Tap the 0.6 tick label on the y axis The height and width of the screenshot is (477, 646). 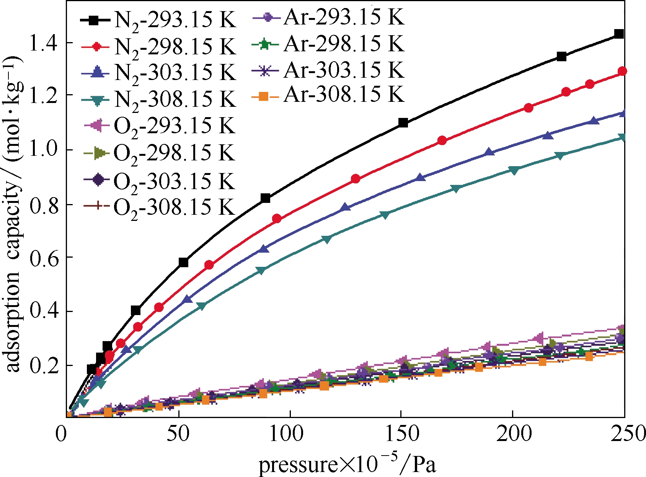point(42,259)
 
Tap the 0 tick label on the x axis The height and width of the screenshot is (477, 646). point(61,435)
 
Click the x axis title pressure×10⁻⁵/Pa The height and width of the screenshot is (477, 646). point(347,464)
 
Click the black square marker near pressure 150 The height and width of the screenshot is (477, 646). point(403,123)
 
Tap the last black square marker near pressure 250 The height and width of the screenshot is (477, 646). point(619,34)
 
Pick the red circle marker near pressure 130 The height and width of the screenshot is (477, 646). point(356,179)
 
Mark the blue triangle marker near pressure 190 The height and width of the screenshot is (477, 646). point(488,152)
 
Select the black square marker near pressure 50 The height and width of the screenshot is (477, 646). point(183,263)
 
